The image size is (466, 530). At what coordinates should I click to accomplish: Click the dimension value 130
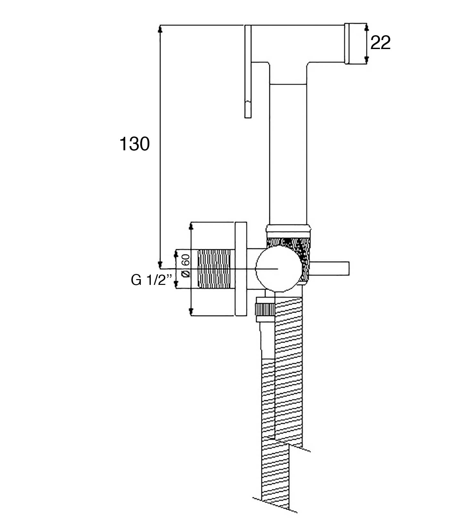point(134,144)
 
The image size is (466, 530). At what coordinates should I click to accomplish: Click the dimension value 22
point(380,43)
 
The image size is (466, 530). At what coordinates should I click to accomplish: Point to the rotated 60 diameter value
point(185,259)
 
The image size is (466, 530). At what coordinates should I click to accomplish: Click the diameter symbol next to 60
point(185,274)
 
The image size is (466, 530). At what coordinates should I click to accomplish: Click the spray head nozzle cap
point(355,44)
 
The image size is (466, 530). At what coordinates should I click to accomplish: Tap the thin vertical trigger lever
point(248,71)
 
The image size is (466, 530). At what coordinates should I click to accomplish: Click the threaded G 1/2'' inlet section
point(214,269)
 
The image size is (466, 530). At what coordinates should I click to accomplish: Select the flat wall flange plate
point(241,269)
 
